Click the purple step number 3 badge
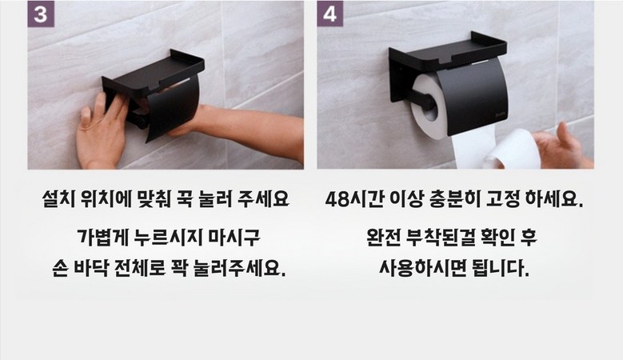(x=41, y=14)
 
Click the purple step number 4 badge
(x=329, y=14)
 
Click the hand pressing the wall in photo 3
(x=103, y=131)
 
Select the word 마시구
(x=234, y=238)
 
